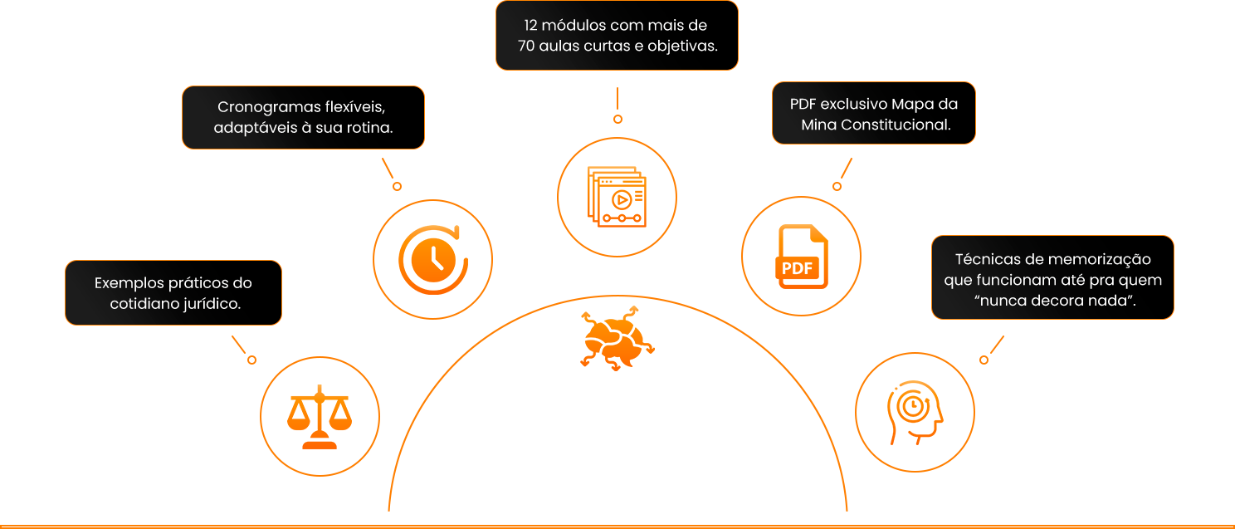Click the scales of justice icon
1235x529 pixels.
(320, 417)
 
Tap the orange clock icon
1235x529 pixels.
(433, 259)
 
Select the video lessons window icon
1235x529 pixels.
(617, 196)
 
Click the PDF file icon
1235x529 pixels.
(802, 257)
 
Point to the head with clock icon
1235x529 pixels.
(915, 413)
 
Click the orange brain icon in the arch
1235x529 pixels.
(617, 339)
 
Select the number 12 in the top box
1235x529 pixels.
(530, 26)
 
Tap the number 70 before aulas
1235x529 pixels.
(526, 46)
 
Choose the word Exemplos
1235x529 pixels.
(131, 283)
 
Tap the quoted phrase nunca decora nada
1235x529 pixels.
(1055, 301)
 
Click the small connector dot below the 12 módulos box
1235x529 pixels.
(617, 119)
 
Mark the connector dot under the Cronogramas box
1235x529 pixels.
(397, 187)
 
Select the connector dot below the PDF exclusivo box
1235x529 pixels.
(837, 187)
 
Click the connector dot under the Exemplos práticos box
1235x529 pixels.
(252, 360)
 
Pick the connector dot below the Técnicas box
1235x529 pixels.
(984, 360)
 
